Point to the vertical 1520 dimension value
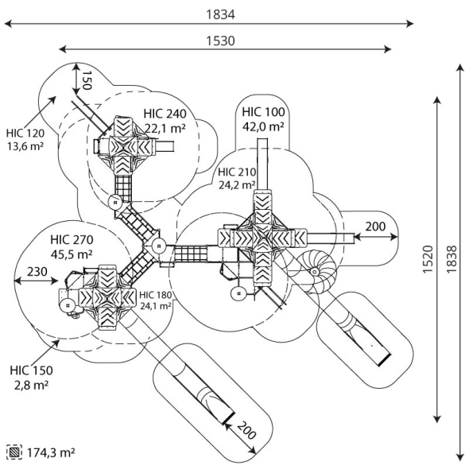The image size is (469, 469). (x=426, y=259)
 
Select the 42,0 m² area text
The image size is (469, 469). (x=263, y=126)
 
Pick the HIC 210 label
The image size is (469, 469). (x=237, y=172)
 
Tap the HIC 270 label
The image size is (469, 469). (x=72, y=239)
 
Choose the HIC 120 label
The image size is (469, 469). (x=25, y=133)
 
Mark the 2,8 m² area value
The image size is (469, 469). (x=29, y=385)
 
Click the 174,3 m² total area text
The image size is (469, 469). (x=51, y=452)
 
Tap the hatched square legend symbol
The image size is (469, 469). (x=14, y=452)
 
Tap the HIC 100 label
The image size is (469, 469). (x=263, y=111)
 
